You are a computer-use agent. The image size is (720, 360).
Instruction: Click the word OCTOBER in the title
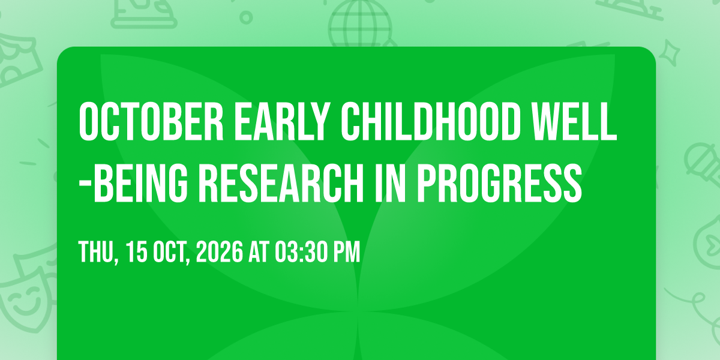[151, 122]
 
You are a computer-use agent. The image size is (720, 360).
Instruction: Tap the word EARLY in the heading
[283, 122]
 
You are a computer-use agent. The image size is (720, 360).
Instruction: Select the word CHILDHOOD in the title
[431, 122]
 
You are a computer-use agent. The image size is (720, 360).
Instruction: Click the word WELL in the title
[574, 122]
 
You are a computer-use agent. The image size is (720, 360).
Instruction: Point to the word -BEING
[133, 183]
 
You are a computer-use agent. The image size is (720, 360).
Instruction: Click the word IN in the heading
[389, 183]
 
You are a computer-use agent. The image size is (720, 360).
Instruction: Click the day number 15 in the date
[136, 251]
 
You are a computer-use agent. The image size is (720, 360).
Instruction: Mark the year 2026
[220, 251]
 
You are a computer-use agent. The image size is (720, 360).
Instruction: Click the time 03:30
[301, 251]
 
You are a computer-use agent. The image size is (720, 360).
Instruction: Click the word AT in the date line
[259, 251]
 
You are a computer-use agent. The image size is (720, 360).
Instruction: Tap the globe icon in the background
[360, 23]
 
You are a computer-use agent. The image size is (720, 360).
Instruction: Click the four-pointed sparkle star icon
[669, 53]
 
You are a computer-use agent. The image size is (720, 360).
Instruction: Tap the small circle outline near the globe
[246, 17]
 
